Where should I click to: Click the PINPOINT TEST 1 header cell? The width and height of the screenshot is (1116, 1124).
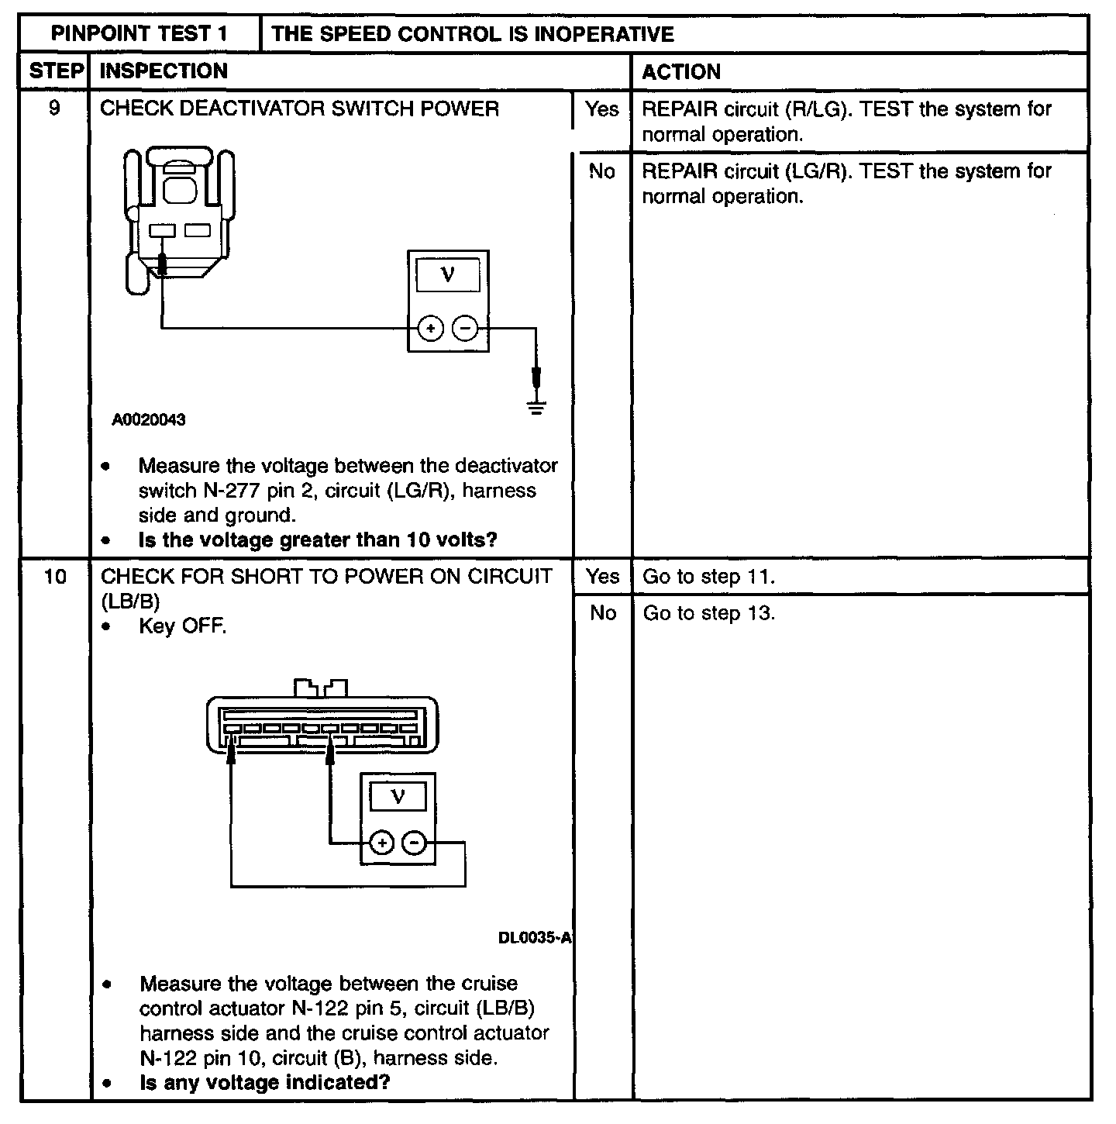[139, 34]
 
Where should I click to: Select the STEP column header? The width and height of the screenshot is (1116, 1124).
[55, 71]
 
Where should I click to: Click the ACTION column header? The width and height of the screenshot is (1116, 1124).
[681, 72]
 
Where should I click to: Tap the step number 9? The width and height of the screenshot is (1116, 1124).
[54, 108]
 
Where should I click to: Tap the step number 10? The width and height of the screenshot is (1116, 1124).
[54, 577]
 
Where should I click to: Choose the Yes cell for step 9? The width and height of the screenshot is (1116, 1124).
[602, 109]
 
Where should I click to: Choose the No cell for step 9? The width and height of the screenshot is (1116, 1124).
[602, 171]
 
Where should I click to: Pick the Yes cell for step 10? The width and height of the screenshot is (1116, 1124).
[603, 577]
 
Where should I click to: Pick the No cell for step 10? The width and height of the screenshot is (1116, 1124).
[603, 613]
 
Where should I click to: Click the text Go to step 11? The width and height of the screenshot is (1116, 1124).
[708, 577]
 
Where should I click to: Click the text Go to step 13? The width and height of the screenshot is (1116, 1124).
[708, 613]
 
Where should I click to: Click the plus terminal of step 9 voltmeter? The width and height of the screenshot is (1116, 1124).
[430, 329]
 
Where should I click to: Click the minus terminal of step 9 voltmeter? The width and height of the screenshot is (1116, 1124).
[465, 329]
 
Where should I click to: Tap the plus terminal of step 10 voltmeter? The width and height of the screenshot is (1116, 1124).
[381, 843]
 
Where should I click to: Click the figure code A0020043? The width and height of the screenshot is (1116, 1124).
[149, 420]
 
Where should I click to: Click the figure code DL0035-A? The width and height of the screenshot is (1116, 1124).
[534, 938]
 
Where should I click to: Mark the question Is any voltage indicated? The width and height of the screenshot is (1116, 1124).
[264, 1082]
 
